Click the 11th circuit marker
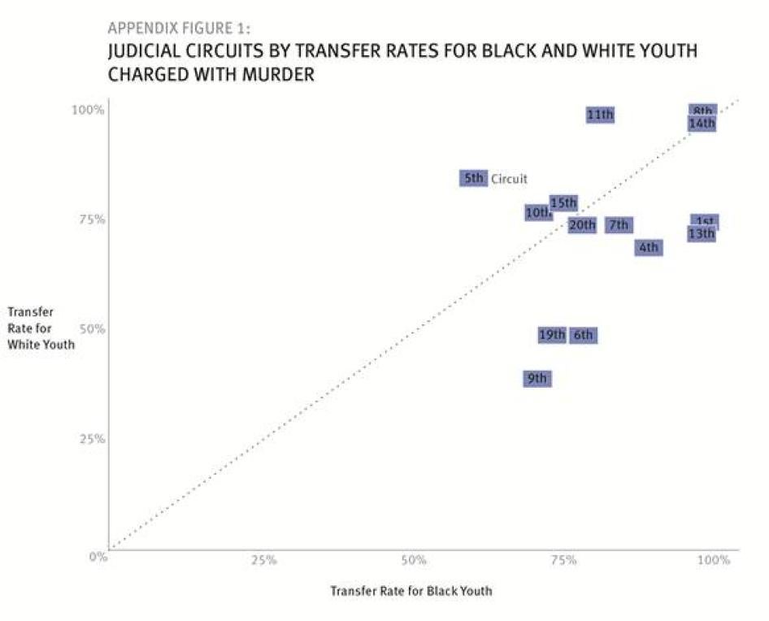point(600,115)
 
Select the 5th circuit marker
point(473,178)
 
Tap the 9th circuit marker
point(537,379)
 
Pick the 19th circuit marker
point(552,335)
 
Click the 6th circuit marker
point(583,335)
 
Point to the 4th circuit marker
point(648,247)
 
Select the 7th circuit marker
point(619,225)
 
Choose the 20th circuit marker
point(581,225)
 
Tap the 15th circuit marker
point(563,202)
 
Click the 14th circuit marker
point(702,124)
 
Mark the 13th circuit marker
point(702,234)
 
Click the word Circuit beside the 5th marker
point(509,179)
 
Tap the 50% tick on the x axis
point(414,560)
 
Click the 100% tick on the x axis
point(715,560)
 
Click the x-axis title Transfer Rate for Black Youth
point(411,591)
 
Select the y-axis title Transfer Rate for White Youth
point(41,328)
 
